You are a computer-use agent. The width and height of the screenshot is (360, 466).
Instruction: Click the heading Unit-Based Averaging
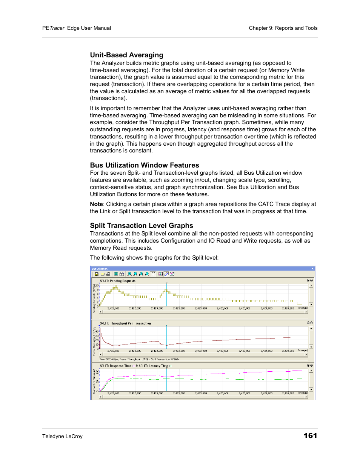126,55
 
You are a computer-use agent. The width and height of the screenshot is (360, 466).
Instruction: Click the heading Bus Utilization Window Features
144,165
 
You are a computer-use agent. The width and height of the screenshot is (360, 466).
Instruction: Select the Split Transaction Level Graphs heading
141,226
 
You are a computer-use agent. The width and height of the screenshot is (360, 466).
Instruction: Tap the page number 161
310,435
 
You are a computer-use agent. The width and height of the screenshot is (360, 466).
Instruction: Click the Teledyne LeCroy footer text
62,436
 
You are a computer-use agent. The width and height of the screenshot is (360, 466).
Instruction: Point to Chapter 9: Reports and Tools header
283,28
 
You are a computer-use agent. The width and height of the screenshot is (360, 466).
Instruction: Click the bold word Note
96,204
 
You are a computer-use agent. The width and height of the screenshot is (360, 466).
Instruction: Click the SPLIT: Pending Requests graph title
117,281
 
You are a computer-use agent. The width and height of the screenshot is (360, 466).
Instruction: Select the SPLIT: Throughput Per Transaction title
125,323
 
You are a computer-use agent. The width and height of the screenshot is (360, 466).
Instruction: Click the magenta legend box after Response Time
134,366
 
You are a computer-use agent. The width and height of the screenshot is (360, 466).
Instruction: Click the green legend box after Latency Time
171,366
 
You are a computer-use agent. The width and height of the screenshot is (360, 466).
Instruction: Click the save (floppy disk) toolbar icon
97,274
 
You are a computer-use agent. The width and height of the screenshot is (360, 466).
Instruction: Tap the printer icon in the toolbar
108,274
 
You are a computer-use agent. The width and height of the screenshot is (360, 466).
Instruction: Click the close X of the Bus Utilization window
312,269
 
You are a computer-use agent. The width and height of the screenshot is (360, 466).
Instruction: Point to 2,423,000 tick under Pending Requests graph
157,308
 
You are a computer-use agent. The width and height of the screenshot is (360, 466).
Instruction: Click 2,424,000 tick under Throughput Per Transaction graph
266,351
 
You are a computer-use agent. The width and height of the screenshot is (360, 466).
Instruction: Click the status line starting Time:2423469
139,359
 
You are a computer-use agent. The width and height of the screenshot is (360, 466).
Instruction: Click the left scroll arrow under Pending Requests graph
101,312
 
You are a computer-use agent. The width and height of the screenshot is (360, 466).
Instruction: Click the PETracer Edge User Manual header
77,28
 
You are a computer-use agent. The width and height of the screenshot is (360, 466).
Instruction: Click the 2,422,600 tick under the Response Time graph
113,393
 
